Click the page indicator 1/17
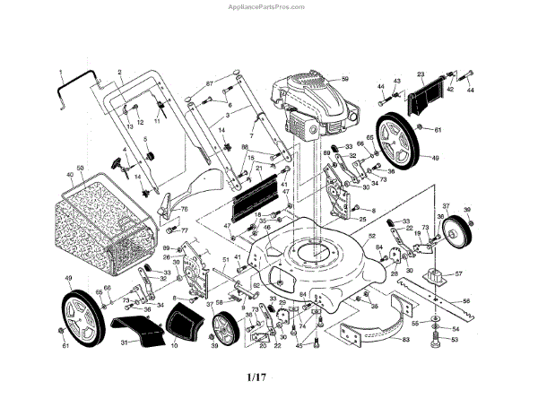pyautogui.click(x=256, y=377)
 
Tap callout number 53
pyautogui.click(x=454, y=340)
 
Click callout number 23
pyautogui.click(x=421, y=74)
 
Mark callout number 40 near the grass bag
pyautogui.click(x=69, y=174)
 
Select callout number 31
pyautogui.click(x=125, y=343)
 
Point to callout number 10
pyautogui.click(x=174, y=344)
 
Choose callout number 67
pyautogui.click(x=209, y=83)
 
